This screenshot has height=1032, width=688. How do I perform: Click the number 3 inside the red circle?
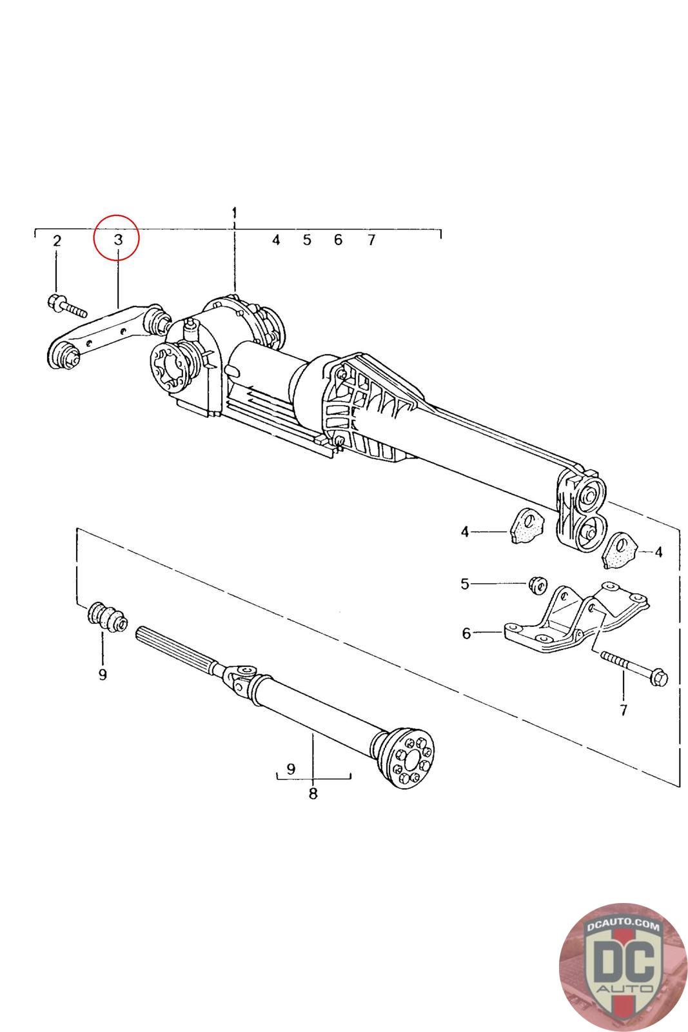pyautogui.click(x=118, y=239)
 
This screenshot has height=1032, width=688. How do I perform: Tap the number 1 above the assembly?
pyautogui.click(x=235, y=213)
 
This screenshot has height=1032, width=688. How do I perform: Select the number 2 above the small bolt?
pyautogui.click(x=57, y=241)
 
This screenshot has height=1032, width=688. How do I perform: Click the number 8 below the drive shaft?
pyautogui.click(x=313, y=793)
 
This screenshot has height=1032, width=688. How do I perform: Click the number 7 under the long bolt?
pyautogui.click(x=623, y=710)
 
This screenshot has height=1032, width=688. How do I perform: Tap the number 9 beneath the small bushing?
pyautogui.click(x=103, y=674)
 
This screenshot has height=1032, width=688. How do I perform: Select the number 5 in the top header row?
pyautogui.click(x=307, y=240)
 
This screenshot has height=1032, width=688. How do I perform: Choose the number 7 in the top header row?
pyautogui.click(x=371, y=240)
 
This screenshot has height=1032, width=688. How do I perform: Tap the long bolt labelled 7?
pyautogui.click(x=633, y=668)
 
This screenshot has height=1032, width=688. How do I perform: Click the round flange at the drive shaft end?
pyautogui.click(x=409, y=758)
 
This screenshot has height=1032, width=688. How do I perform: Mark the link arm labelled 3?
pyautogui.click(x=106, y=335)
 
